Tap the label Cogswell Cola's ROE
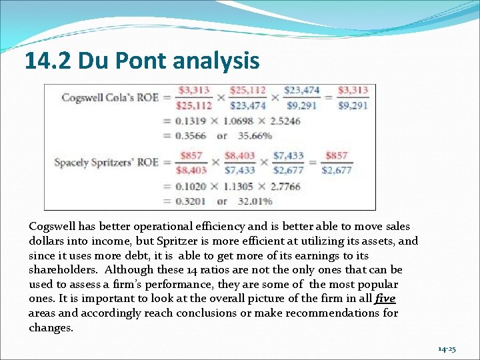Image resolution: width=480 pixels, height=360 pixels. click(110, 97)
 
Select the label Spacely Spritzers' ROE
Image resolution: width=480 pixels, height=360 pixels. click(106, 162)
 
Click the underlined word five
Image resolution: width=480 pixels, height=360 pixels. click(385, 299)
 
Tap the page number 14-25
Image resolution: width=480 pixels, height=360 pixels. click(447, 349)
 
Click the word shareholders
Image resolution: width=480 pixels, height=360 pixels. click(61, 270)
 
